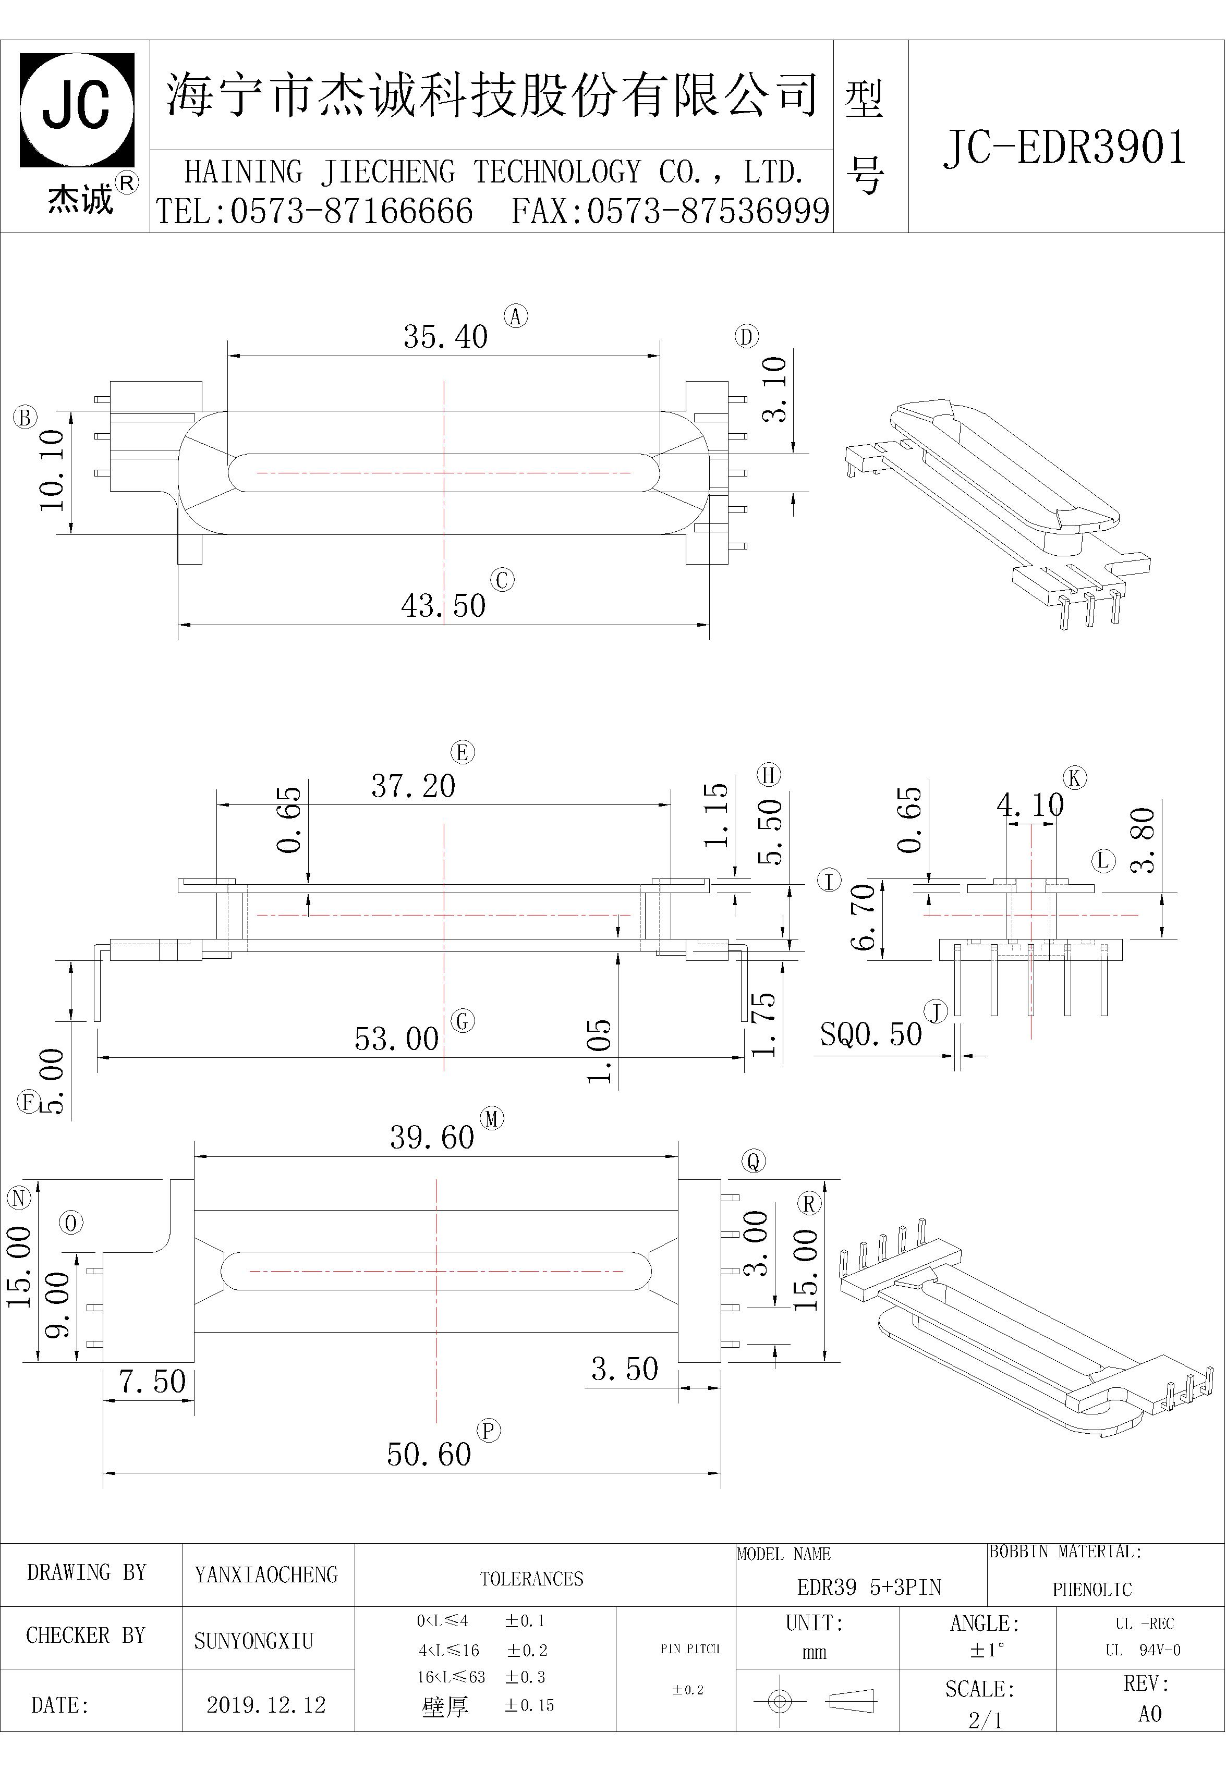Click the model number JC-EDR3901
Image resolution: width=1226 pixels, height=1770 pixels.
(x=1065, y=148)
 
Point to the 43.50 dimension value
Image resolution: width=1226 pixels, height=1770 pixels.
(x=443, y=606)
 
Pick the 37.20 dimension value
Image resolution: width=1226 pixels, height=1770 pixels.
(x=414, y=786)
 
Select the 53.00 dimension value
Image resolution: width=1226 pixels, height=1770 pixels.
(x=396, y=1039)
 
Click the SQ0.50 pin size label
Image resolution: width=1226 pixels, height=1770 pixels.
(x=870, y=1034)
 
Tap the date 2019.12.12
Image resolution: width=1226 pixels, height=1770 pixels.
(x=266, y=1705)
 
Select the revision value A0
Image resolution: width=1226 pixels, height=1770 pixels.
(x=1150, y=1714)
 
